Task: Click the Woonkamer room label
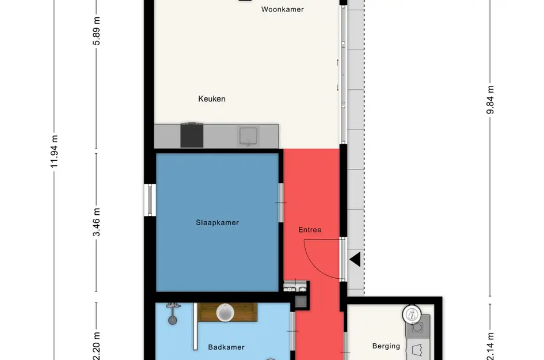pyautogui.click(x=283, y=9)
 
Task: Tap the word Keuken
pyautogui.click(x=212, y=99)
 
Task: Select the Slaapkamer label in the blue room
pyautogui.click(x=217, y=222)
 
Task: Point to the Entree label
pyautogui.click(x=310, y=230)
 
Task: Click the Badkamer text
pyautogui.click(x=226, y=347)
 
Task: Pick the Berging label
pyautogui.click(x=386, y=346)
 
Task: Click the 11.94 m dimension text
pyautogui.click(x=54, y=151)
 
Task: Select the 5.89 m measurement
pyautogui.click(x=97, y=31)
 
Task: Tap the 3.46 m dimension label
pyautogui.click(x=97, y=222)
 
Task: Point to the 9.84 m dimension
pyautogui.click(x=490, y=100)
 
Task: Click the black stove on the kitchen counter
pyautogui.click(x=192, y=135)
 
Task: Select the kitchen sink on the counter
pyautogui.click(x=249, y=136)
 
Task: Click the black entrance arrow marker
pyautogui.click(x=355, y=259)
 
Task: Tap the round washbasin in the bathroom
pyautogui.click(x=225, y=312)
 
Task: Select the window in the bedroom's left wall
pyautogui.click(x=150, y=200)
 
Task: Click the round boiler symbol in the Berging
pyautogui.click(x=412, y=315)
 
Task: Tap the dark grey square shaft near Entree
pyautogui.click(x=301, y=302)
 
